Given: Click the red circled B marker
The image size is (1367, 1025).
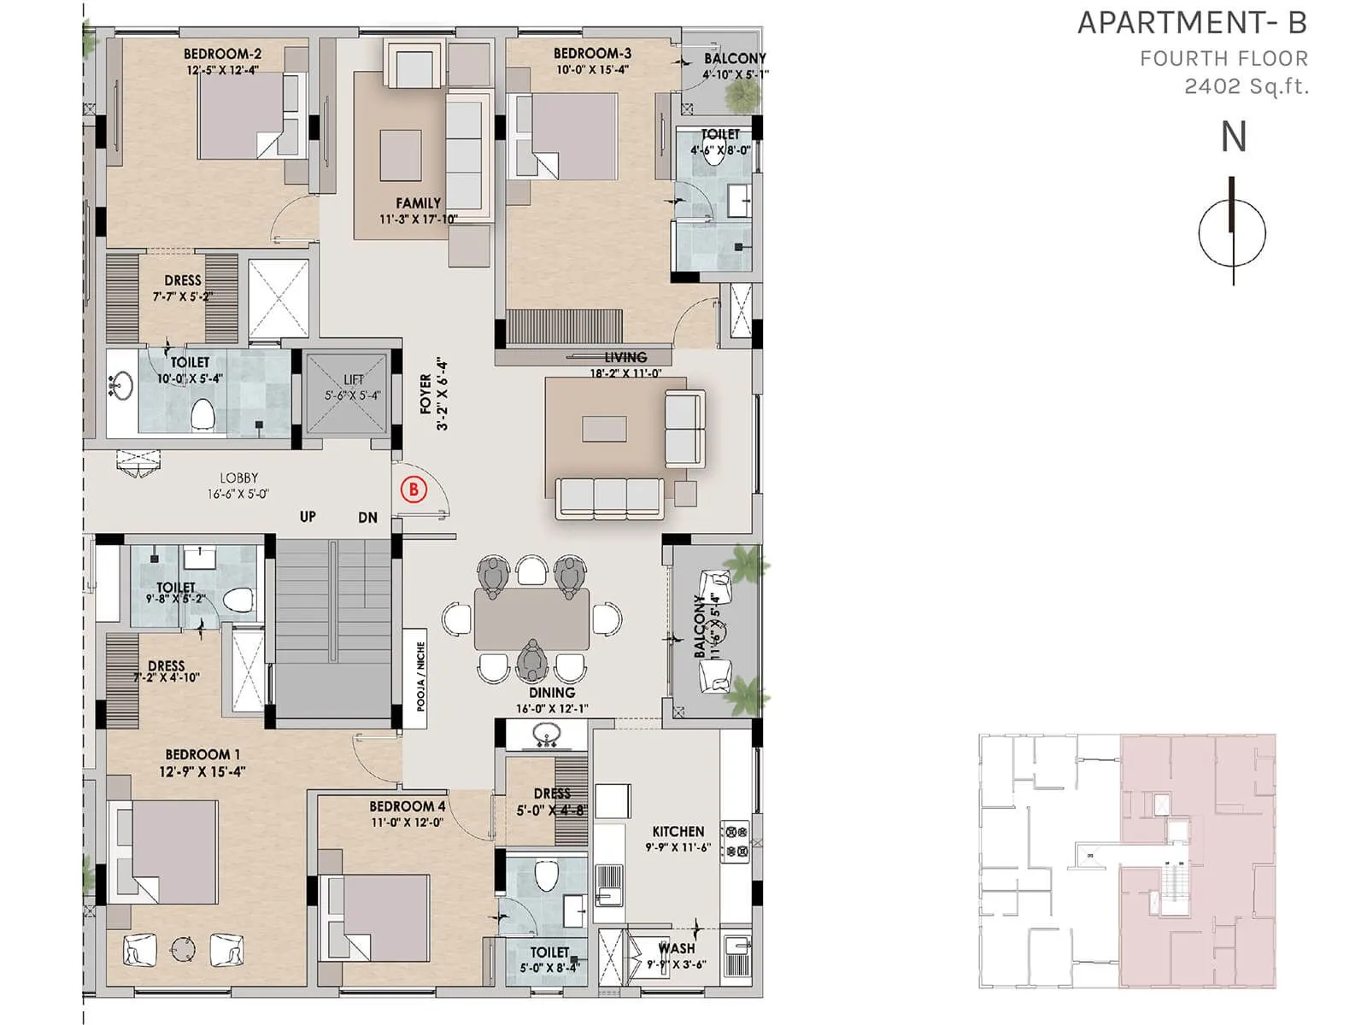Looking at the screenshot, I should (414, 489).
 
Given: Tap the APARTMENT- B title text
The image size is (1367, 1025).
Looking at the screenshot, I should (1192, 23).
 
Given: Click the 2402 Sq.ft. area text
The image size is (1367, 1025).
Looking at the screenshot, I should (1246, 86).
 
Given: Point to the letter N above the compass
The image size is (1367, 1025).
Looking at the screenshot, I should (1233, 138).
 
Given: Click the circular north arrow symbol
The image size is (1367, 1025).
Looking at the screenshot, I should (1232, 232).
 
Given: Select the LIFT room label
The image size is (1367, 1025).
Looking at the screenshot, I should (353, 379).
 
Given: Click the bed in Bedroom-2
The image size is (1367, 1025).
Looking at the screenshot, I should (242, 115).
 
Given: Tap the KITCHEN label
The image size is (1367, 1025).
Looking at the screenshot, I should (678, 831).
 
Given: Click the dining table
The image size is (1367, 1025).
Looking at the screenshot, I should (531, 619).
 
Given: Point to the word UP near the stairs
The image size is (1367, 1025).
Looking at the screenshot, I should (308, 517).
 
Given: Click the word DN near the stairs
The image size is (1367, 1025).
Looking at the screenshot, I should (367, 518).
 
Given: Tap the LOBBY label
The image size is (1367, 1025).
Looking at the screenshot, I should (238, 478).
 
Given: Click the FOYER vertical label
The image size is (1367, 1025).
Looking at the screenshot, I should (426, 394).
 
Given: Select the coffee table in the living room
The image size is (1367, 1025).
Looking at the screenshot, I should (604, 429).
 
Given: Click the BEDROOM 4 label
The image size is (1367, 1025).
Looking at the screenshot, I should (407, 806).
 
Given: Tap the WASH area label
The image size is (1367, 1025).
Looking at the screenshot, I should (677, 948).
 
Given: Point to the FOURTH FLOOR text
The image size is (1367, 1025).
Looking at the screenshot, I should (1223, 59).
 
